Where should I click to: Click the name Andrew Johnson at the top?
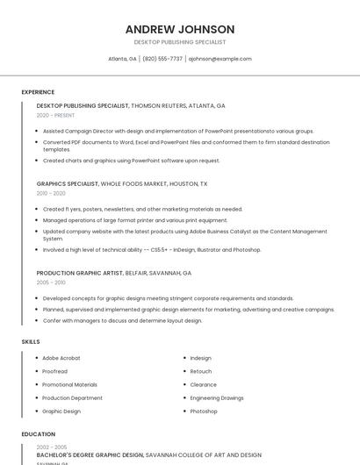(x=179, y=29)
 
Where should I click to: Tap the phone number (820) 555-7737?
(x=162, y=59)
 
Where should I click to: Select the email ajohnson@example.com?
(x=220, y=59)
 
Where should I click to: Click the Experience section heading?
(x=38, y=92)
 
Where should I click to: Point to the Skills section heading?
(x=31, y=341)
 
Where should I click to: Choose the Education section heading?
(x=39, y=434)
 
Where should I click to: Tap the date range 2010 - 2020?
(x=51, y=193)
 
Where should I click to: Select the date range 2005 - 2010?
(x=51, y=283)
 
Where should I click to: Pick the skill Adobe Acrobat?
(x=61, y=358)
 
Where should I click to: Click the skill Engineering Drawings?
(x=217, y=397)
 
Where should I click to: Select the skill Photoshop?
(x=204, y=411)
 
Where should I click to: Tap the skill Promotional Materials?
(x=69, y=384)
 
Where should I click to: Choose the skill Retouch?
(x=201, y=371)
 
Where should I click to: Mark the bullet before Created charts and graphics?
(x=36, y=161)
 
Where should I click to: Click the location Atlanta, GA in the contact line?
(x=122, y=59)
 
